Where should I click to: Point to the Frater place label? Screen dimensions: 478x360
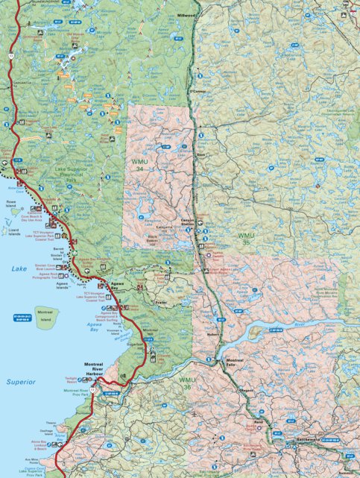click(159, 302)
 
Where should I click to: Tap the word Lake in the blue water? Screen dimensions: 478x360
click(18, 267)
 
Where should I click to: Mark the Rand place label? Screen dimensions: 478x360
click(259, 423)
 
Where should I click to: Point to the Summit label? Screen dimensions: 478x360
click(344, 471)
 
